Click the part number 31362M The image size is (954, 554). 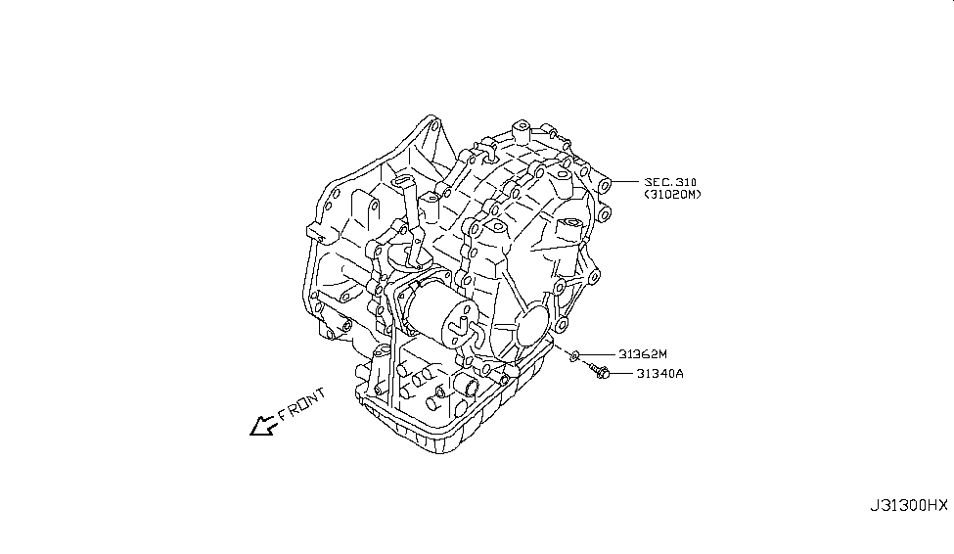tap(642, 353)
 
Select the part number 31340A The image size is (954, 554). tap(661, 373)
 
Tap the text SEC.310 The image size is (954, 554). tap(671, 182)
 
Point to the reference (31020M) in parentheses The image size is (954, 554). tap(672, 196)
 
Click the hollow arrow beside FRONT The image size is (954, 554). tap(262, 426)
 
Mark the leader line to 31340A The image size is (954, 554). tap(622, 373)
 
